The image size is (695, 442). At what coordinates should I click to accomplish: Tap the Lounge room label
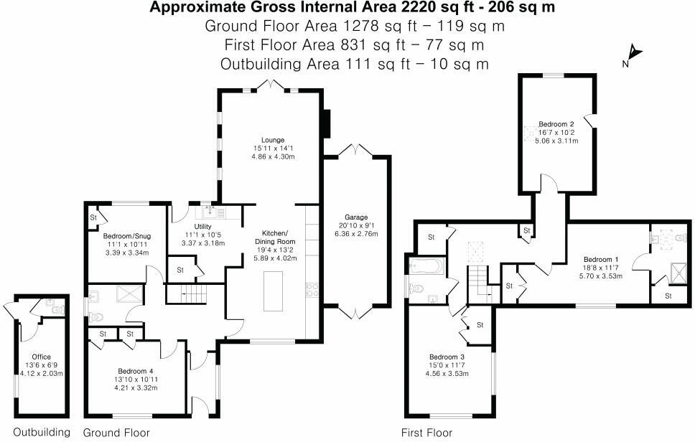coord(273,140)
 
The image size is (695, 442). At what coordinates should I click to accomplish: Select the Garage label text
coord(355,217)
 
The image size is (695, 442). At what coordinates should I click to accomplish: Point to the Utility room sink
coord(210,211)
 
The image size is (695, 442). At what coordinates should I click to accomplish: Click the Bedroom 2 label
coord(556,124)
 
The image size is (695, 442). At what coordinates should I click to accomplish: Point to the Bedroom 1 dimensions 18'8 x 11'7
coord(597,267)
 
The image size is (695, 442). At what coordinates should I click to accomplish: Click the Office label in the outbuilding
coord(42,357)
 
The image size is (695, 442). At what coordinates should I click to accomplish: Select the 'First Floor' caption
coord(426,433)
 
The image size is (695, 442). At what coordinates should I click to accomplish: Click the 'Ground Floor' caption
coord(116,433)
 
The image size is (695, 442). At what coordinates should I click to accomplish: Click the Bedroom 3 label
coord(447,357)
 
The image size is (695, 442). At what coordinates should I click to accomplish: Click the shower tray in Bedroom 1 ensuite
coord(676,271)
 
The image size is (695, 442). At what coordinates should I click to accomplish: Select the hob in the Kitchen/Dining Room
coord(313,290)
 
